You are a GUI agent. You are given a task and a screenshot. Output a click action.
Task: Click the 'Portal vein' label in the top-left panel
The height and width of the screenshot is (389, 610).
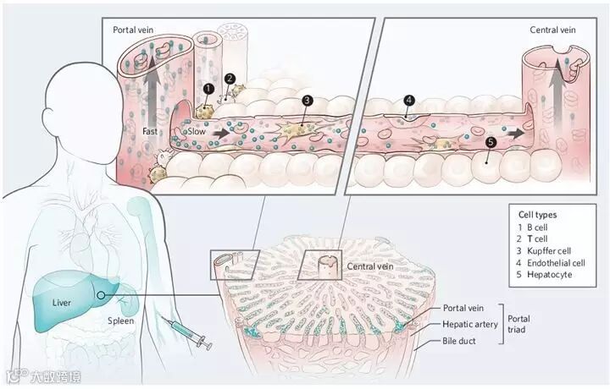(x=134, y=29)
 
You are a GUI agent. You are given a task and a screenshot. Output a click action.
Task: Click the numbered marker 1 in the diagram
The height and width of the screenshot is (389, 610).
(x=208, y=87)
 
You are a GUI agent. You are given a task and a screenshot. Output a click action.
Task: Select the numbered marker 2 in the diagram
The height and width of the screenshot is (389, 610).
(x=230, y=79)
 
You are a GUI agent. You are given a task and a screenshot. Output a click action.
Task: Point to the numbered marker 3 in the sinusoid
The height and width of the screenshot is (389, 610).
(x=308, y=100)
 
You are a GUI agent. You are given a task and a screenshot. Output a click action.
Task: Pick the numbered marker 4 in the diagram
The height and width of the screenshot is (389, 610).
(x=410, y=100)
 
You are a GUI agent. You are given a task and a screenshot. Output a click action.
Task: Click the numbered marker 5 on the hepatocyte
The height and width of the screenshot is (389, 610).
(x=489, y=144)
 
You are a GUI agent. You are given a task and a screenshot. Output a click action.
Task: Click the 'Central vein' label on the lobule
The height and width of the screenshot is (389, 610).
(x=369, y=266)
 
